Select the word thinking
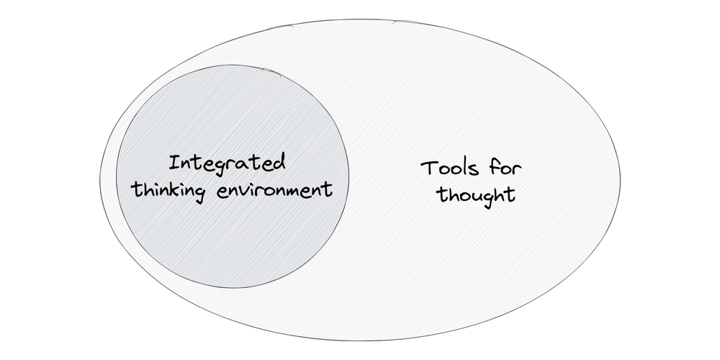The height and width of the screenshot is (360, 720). click(x=168, y=191)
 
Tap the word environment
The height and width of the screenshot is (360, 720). click(x=274, y=189)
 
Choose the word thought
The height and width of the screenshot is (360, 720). click(x=475, y=196)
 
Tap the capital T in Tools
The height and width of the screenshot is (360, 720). click(x=429, y=168)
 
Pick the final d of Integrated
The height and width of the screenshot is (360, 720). click(x=279, y=163)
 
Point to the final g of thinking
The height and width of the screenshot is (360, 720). click(x=199, y=194)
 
